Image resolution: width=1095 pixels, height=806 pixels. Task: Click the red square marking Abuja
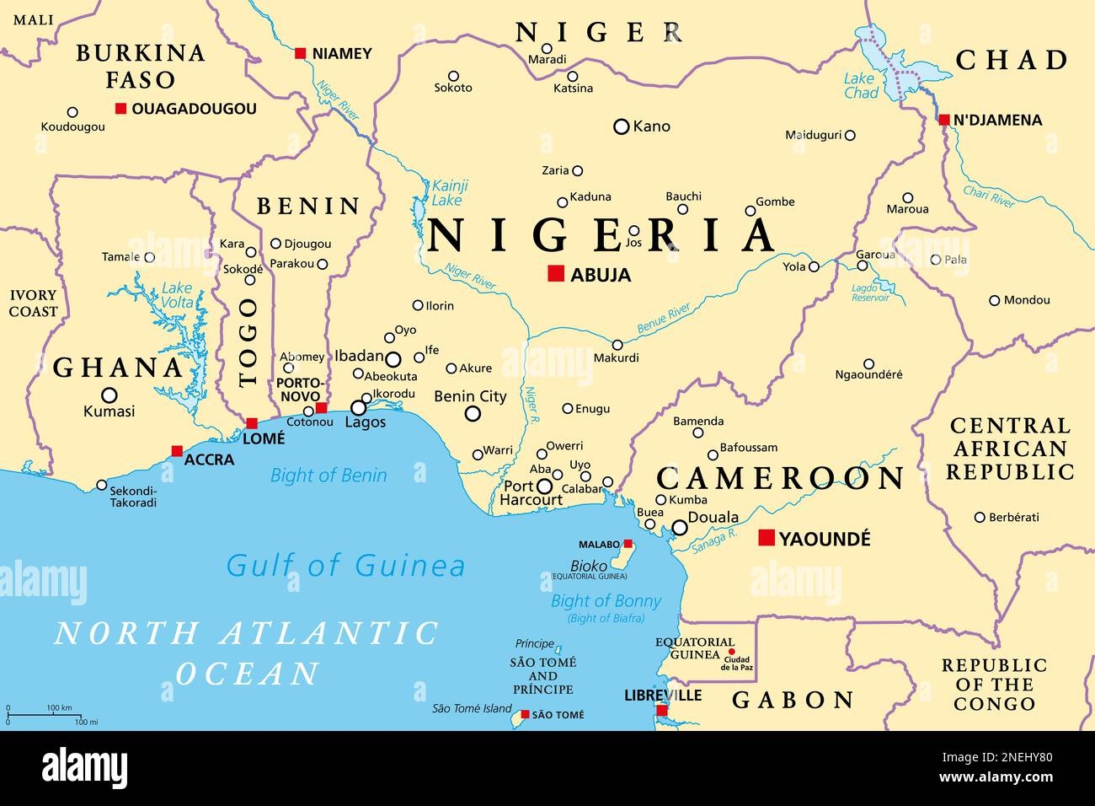click(x=555, y=273)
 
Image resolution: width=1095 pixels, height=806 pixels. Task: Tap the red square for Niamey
click(x=300, y=53)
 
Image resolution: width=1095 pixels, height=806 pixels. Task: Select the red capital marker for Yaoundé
click(x=766, y=538)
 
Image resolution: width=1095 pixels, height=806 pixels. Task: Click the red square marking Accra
click(x=177, y=451)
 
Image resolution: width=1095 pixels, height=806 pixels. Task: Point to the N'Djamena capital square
click(x=943, y=120)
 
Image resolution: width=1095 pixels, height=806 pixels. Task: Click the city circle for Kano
click(x=622, y=126)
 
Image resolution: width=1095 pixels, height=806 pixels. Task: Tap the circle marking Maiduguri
click(x=850, y=135)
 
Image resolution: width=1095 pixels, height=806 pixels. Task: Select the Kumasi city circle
click(x=109, y=395)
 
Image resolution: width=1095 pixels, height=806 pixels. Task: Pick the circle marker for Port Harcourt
click(x=545, y=486)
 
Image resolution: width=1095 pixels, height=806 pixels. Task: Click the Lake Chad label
click(x=861, y=85)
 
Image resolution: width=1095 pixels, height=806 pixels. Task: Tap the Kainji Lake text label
click(x=449, y=192)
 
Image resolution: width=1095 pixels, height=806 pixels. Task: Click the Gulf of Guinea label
click(x=345, y=565)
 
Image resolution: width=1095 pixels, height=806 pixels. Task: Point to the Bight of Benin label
click(x=328, y=476)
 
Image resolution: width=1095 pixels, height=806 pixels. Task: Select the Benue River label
click(x=664, y=320)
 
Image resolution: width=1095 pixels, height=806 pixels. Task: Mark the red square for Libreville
click(x=662, y=711)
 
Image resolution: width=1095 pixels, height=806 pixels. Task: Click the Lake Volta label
click(x=177, y=296)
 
